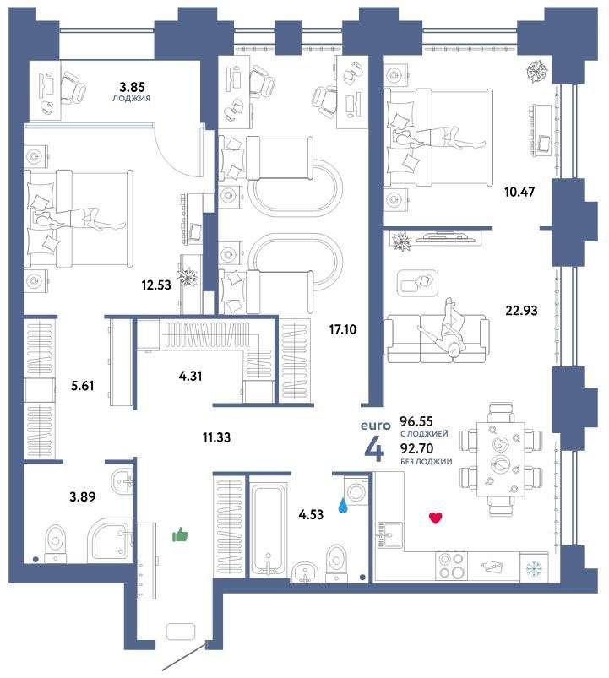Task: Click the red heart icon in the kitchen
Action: pos(436,518)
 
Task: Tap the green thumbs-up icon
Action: pos(180,535)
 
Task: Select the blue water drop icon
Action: pos(343,506)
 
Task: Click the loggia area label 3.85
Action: pos(132,87)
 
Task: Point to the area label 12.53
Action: pos(156,285)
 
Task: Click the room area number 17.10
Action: pos(343,329)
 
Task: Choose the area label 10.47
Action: pos(519,191)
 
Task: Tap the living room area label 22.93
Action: pos(521,310)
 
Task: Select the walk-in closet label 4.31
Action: pos(190,376)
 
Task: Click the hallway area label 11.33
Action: pos(216,437)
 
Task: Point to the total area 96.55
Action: pos(416,420)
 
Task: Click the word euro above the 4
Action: pos(375,426)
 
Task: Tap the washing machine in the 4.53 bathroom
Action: pos(356,491)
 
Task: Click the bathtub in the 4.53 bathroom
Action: pos(269,530)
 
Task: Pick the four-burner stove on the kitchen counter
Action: pos(451,565)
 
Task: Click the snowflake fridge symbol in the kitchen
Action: pos(534,567)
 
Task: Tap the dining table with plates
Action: pos(501,459)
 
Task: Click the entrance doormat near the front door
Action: pos(181,631)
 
